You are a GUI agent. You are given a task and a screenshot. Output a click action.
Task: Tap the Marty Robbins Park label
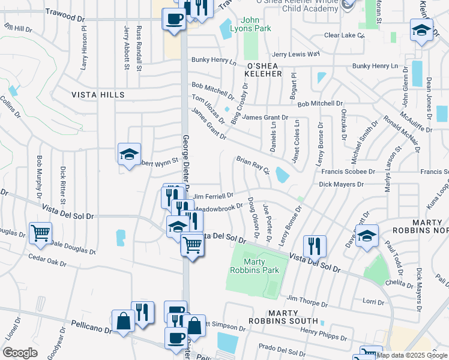coord(262,266)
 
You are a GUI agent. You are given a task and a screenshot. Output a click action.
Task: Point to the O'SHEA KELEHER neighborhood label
coord(264,73)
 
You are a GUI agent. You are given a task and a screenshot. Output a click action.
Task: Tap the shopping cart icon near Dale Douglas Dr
coord(40,232)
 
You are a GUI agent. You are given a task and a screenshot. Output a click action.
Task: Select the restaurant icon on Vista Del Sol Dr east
coord(315,245)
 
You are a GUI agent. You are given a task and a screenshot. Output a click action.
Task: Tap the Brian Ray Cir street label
coord(252,164)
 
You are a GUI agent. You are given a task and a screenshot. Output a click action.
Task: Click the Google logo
coord(20,353)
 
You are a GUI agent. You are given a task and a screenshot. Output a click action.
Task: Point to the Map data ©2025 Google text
coord(412,355)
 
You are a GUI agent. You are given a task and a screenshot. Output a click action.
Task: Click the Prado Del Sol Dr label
coord(283,347)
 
